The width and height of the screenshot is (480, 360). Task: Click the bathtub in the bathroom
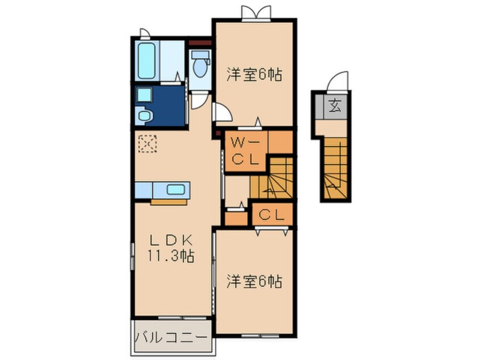point(146,61)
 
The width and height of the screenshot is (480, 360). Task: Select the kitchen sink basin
point(176,190)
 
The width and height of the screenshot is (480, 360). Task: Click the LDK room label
point(171,241)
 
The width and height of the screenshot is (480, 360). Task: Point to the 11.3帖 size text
point(171,256)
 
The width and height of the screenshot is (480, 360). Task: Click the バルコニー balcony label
point(171,338)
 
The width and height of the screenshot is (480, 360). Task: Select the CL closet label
point(271,215)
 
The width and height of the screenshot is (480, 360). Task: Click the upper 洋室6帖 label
point(254,74)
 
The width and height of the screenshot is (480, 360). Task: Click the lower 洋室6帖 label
point(254,281)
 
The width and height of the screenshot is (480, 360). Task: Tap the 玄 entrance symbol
point(335,106)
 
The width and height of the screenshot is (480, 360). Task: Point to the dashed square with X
point(148,144)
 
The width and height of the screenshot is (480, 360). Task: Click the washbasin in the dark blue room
point(145,116)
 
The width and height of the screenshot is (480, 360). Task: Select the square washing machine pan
point(145,95)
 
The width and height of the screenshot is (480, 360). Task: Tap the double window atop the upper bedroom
point(256,13)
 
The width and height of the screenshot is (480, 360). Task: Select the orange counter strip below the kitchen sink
point(169,202)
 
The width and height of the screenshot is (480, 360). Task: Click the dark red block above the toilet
point(200,43)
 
